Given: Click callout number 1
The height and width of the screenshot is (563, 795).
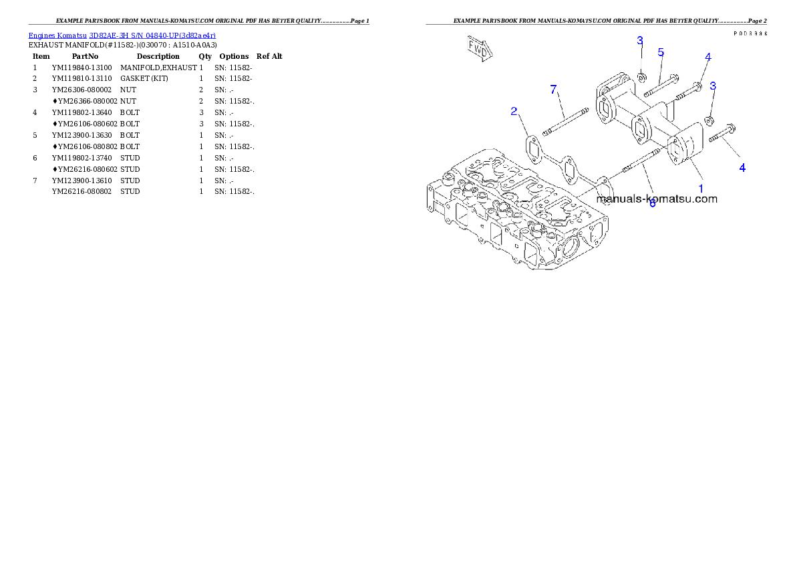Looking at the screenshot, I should click(701, 189).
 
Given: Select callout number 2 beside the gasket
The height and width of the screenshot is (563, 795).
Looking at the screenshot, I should click(514, 111).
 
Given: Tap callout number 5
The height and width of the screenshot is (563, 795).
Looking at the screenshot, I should click(661, 52).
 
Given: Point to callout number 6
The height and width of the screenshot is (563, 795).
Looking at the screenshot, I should click(653, 203).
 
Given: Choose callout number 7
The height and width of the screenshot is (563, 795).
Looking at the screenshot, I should click(553, 90).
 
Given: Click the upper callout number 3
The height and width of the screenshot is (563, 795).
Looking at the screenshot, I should click(639, 41).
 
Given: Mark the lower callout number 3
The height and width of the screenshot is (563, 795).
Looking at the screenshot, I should click(713, 86).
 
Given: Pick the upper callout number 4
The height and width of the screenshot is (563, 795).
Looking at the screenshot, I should click(707, 57).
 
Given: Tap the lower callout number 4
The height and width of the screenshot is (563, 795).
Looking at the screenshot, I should click(742, 168).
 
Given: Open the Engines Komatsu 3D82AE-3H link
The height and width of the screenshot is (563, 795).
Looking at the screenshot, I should click(122, 35).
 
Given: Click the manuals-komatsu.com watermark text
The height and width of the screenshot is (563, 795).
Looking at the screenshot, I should click(656, 199).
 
